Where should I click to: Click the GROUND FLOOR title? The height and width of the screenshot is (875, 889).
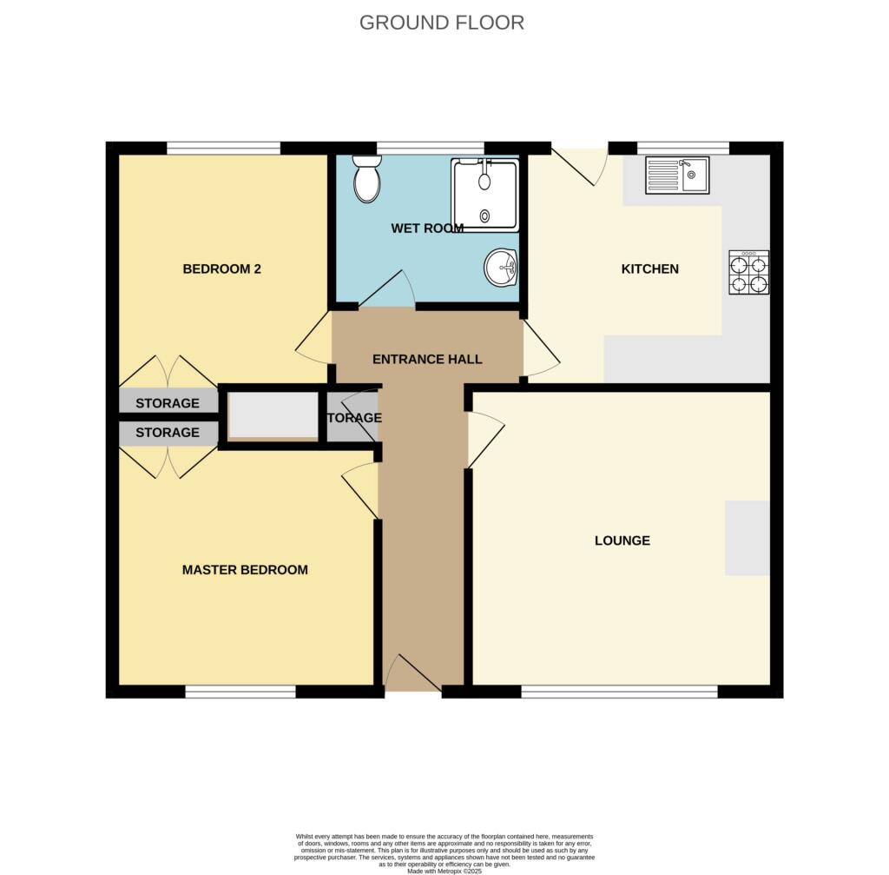pos(442,23)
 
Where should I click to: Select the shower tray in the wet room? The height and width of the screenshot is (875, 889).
pos(484,195)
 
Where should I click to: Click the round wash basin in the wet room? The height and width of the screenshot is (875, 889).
pos(502,268)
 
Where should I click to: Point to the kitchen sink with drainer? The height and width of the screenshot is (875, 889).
pos(677,175)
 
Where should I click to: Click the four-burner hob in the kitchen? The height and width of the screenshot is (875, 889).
pos(748,273)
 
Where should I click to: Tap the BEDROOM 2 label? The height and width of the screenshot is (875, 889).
pos(221,269)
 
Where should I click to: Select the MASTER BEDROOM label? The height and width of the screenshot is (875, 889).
pos(245,570)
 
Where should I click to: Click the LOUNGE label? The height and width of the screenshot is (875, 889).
pos(622,540)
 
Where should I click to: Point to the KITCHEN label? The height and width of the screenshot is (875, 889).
pos(649,269)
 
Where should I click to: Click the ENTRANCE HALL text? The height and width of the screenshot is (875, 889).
pos(427,359)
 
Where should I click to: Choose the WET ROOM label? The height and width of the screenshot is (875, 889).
pos(427,229)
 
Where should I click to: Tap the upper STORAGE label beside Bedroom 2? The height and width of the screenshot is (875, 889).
pos(168,403)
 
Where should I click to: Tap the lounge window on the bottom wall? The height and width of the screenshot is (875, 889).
pos(619,692)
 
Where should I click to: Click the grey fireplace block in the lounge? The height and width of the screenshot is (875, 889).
pos(747,538)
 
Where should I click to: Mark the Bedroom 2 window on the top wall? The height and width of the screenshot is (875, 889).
pos(223,148)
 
